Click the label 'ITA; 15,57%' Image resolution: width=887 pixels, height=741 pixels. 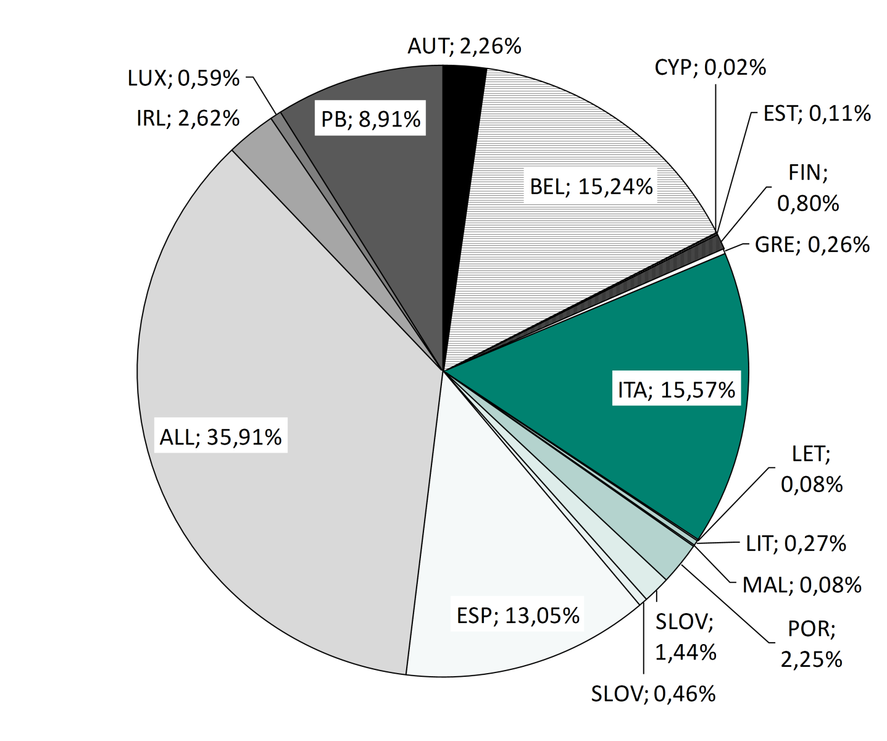pyautogui.click(x=677, y=390)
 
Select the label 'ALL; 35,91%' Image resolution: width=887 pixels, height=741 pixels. pyautogui.click(x=220, y=437)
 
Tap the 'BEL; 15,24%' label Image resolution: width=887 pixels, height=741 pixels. pyautogui.click(x=591, y=186)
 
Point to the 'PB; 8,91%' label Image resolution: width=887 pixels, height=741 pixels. pyautogui.click(x=370, y=119)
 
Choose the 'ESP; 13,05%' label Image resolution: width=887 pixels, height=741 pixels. pyautogui.click(x=518, y=616)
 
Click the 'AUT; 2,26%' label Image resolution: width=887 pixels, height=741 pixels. pyautogui.click(x=464, y=46)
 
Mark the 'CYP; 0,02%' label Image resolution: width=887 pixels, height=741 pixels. pyautogui.click(x=710, y=67)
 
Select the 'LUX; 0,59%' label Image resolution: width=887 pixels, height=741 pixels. pyautogui.click(x=183, y=78)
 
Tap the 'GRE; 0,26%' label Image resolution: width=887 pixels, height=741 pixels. pyautogui.click(x=812, y=245)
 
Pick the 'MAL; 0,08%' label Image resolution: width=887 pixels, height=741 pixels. pyautogui.click(x=802, y=584)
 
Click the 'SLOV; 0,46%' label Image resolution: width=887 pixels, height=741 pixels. pyautogui.click(x=653, y=694)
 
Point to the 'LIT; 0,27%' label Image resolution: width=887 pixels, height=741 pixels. pyautogui.click(x=796, y=543)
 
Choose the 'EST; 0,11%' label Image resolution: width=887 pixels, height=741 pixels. pyautogui.click(x=817, y=113)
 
